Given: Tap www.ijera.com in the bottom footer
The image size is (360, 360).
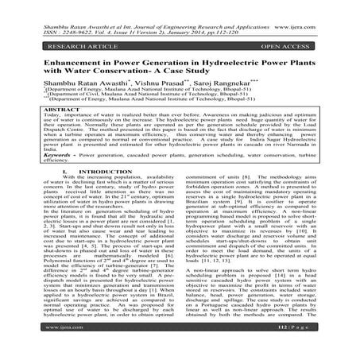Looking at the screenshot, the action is click(x=40, y=347).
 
